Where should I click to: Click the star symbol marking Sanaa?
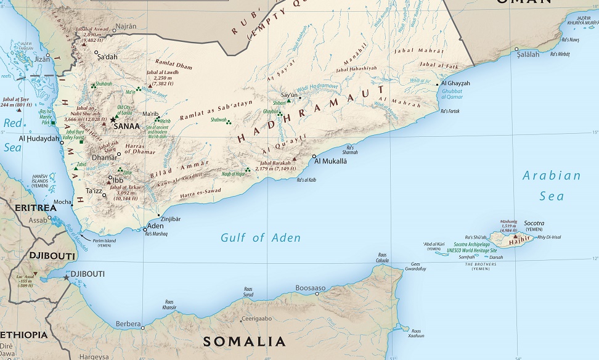[112, 119]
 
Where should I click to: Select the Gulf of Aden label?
[261, 237]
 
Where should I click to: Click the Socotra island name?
[534, 223]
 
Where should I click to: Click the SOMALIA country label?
[245, 342]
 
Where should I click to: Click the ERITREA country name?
[27, 207]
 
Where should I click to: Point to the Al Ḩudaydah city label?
[38, 139]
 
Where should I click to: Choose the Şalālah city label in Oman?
[528, 54]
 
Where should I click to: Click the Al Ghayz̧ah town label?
[455, 83]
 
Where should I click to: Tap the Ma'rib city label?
[150, 114]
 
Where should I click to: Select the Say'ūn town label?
[289, 95]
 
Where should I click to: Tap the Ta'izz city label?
[94, 191]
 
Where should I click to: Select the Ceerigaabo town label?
[256, 319]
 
